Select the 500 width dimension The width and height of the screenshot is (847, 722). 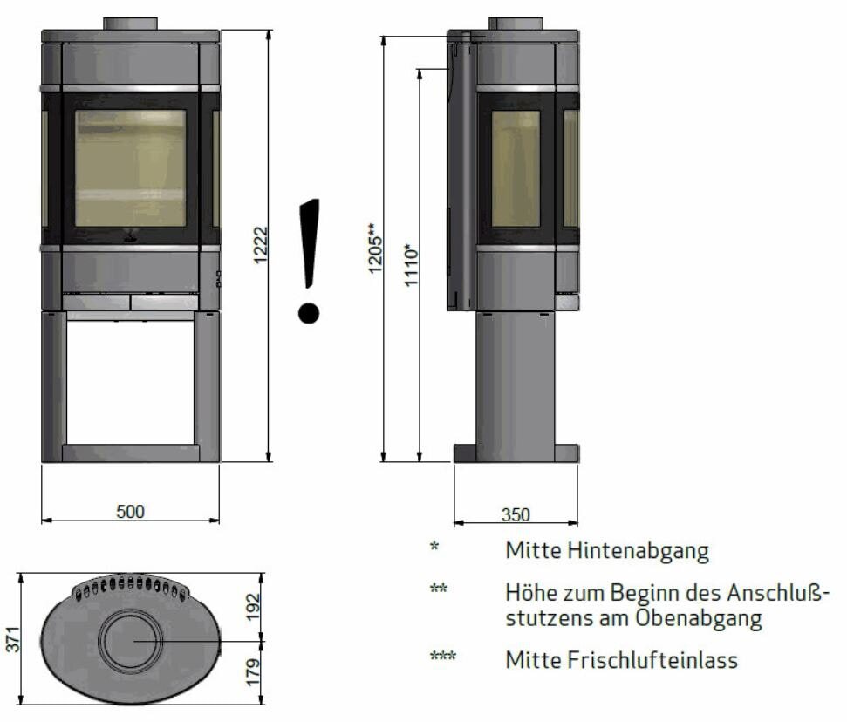click(130, 511)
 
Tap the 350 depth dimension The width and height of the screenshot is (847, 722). click(515, 514)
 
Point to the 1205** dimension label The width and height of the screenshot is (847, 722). click(373, 249)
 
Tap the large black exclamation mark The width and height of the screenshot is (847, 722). click(309, 261)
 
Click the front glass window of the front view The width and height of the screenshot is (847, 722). click(130, 168)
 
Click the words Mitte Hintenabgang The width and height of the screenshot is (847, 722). click(606, 551)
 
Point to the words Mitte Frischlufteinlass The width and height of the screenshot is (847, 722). click(621, 660)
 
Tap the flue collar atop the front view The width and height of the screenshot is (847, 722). click(131, 23)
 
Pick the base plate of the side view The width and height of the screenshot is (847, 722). click(516, 453)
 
